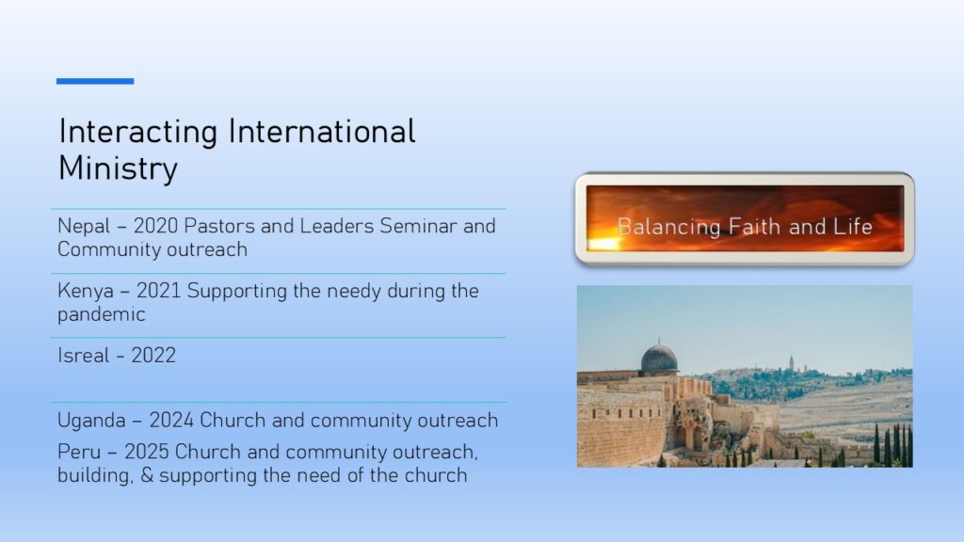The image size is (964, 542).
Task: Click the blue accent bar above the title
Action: tap(95, 81)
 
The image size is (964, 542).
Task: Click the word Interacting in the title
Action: tap(138, 132)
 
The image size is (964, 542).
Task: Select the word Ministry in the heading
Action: tap(118, 167)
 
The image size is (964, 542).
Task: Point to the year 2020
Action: tap(155, 226)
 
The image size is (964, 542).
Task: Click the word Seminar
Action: tap(419, 226)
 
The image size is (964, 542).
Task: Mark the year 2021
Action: tap(158, 291)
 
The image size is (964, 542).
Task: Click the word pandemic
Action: tap(102, 314)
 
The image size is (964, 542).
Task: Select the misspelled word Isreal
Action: tap(83, 355)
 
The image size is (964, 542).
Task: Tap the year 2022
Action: tap(153, 355)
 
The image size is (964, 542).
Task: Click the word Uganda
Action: tap(91, 421)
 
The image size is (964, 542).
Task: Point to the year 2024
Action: tap(171, 421)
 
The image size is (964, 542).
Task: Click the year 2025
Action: tap(146, 453)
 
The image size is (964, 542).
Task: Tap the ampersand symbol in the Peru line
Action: tap(147, 475)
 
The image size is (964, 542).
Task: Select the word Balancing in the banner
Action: tap(669, 228)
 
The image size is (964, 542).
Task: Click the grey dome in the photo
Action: tap(659, 359)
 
